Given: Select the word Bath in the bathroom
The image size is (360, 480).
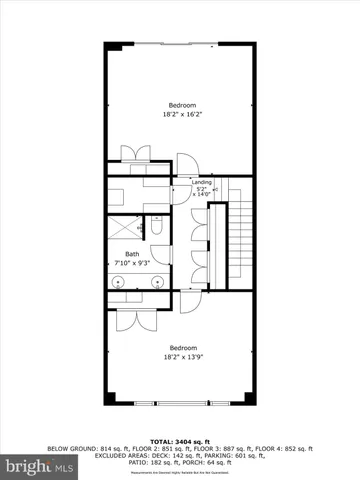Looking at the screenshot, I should [x=131, y=254].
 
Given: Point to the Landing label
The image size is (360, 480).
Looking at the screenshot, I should [x=201, y=181].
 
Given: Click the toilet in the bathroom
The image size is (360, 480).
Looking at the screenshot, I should [x=158, y=228].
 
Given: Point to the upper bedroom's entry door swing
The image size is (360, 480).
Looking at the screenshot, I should [x=185, y=162].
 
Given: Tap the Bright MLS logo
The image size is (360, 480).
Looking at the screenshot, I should [x=40, y=466].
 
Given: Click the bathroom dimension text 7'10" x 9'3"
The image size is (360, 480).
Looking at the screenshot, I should [x=131, y=263].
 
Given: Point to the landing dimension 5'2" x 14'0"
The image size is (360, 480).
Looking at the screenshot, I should [x=202, y=191].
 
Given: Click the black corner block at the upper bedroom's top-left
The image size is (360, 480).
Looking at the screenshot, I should [x=113, y=46].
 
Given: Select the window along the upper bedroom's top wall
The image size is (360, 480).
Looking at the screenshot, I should [x=180, y=42].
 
